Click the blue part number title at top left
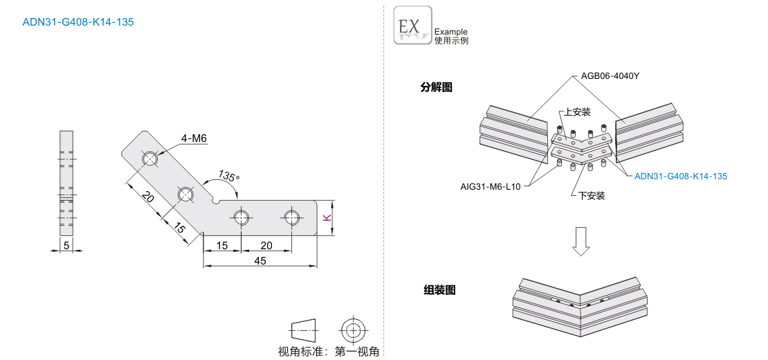pos(78,22)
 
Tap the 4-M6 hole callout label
pos(194,138)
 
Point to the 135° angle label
pos(228,176)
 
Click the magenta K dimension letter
pos(327,217)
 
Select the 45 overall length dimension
pos(260,261)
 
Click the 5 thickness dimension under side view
pos(66,244)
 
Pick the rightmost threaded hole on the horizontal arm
pos(291,217)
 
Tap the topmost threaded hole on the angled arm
pos(151,159)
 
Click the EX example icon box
pos(412,26)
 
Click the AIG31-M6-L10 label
pos(491,186)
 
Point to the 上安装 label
pos(577,111)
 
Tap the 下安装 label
pos(592,196)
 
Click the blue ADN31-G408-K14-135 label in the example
pos(681,177)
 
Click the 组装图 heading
pos(439,290)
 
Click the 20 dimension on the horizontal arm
pos(266,245)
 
